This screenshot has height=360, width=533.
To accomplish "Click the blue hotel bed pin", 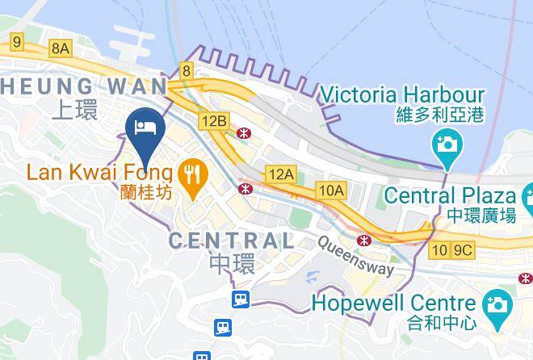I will click(x=146, y=130).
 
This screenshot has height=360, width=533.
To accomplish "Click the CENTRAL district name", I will click(x=231, y=240).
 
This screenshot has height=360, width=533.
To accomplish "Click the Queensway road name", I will click(x=355, y=256).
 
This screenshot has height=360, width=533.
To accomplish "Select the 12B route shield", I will click(x=215, y=120).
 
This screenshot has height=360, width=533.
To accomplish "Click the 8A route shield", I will click(x=61, y=48).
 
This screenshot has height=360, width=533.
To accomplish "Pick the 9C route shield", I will click(x=463, y=250).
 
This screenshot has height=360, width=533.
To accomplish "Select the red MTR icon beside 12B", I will click(x=242, y=132).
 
